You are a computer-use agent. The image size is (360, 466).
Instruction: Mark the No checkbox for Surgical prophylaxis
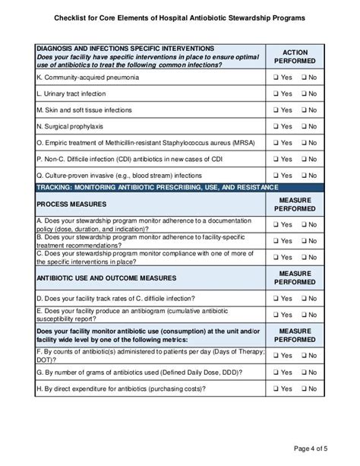point(302,126)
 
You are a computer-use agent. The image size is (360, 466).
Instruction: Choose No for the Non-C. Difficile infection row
point(302,159)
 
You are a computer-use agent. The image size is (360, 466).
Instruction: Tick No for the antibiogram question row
point(302,315)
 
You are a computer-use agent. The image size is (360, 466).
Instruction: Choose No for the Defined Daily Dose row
point(302,372)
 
